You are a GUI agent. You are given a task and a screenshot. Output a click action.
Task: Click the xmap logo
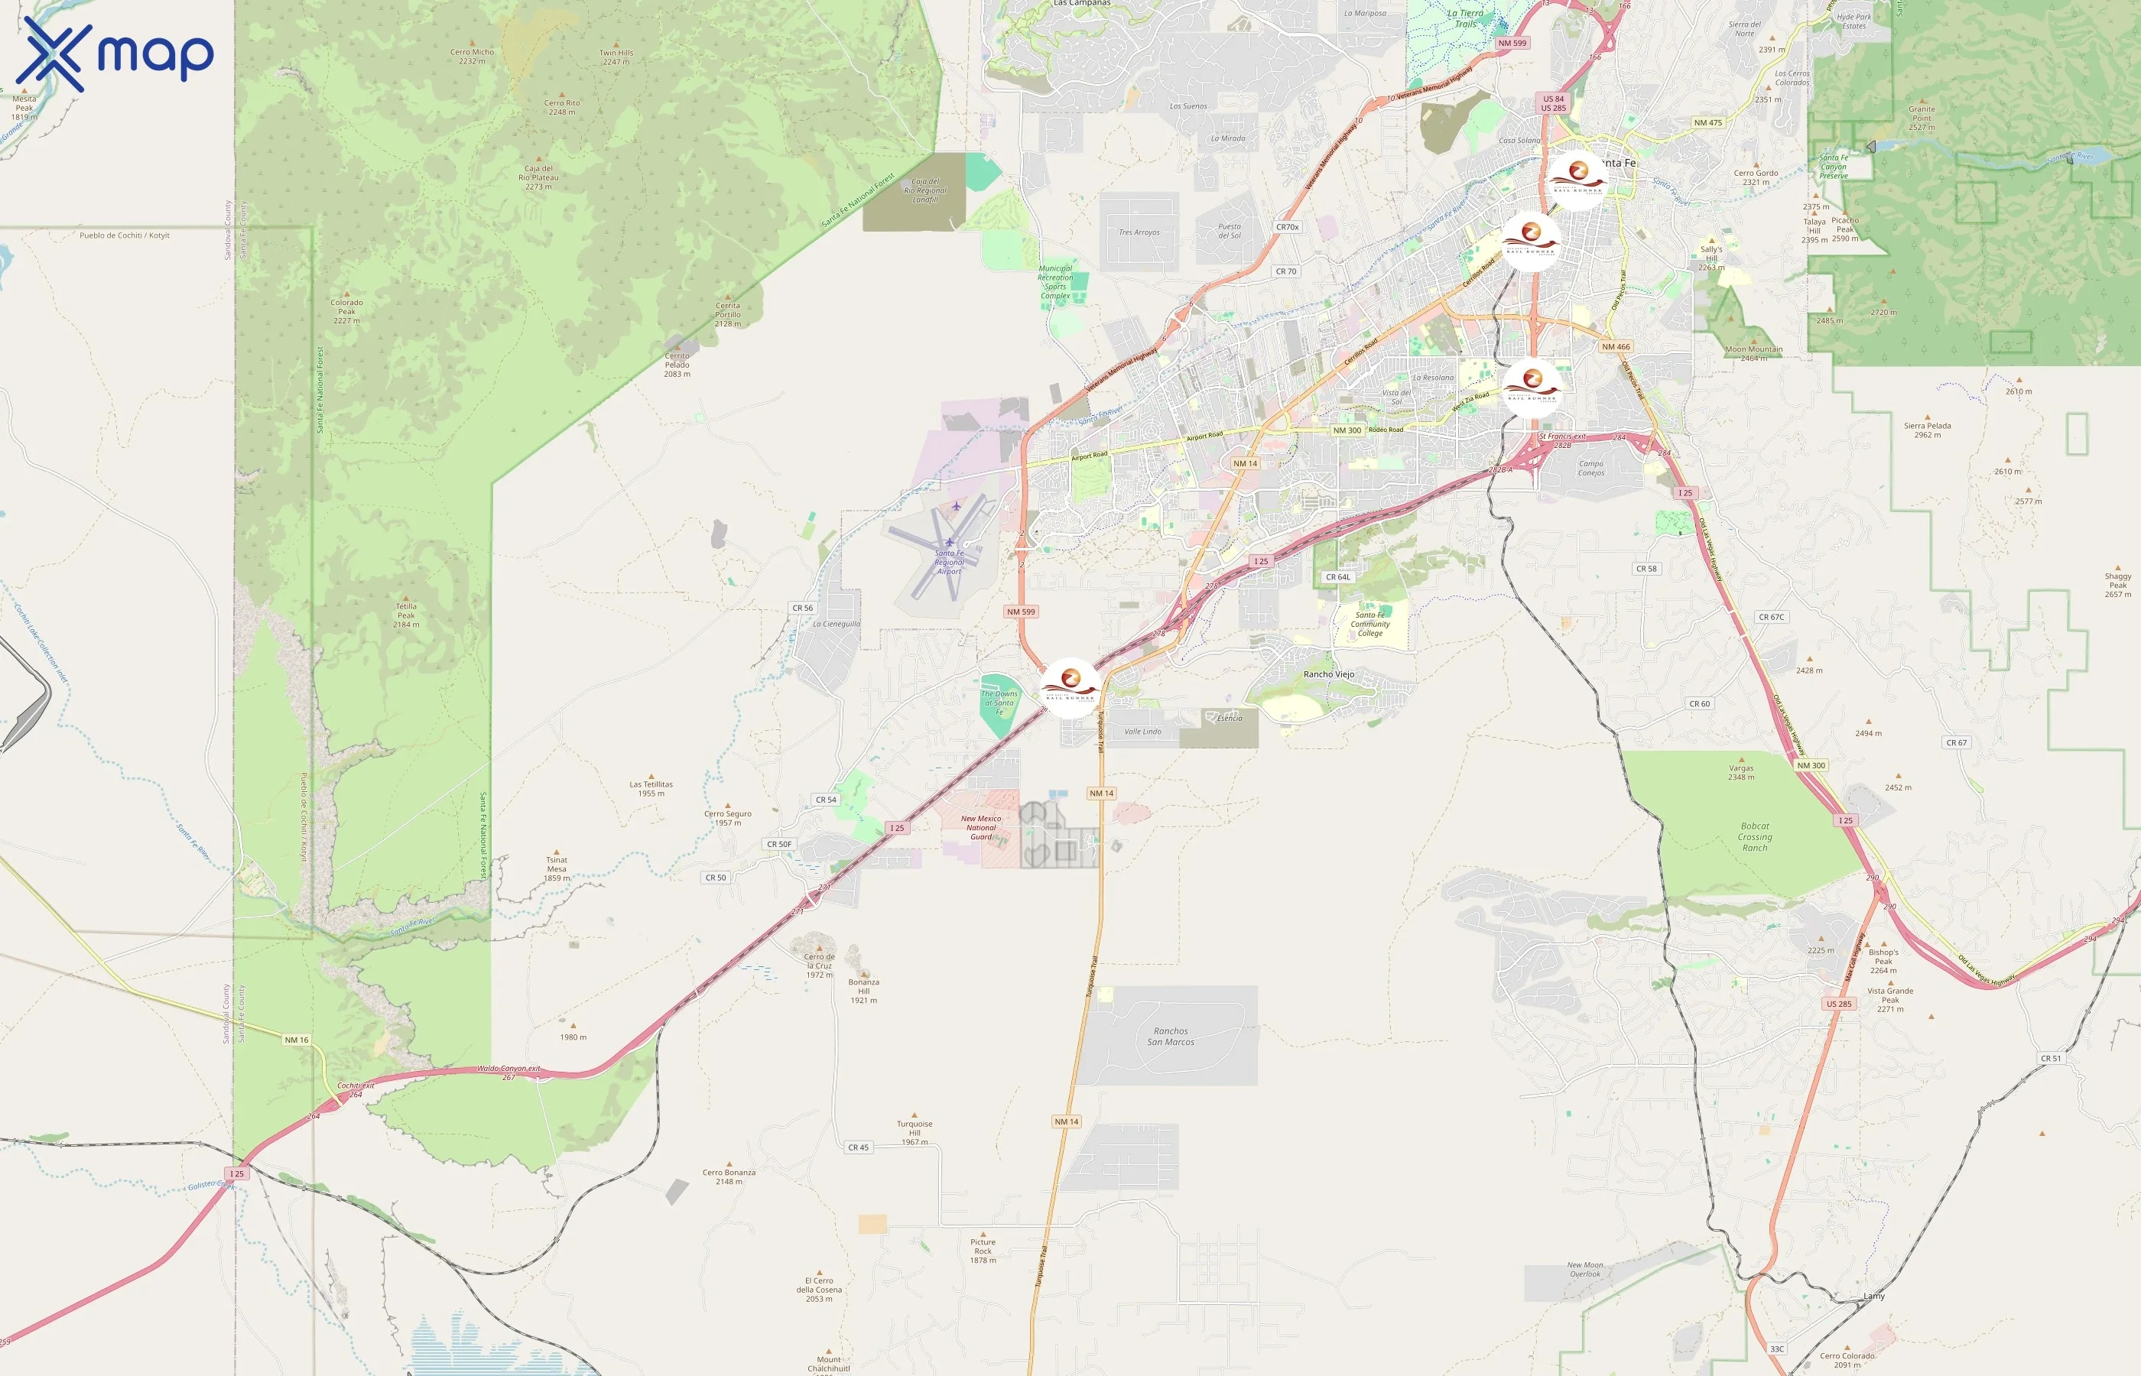pyautogui.click(x=115, y=54)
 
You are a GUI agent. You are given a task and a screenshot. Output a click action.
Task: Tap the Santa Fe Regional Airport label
pyautogui.click(x=949, y=562)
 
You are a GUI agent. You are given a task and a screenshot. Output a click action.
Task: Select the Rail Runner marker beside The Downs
pyautogui.click(x=1070, y=687)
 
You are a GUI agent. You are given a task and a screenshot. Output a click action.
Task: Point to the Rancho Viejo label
pyautogui.click(x=1328, y=674)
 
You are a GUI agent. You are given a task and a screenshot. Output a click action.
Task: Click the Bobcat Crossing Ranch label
pyautogui.click(x=1754, y=837)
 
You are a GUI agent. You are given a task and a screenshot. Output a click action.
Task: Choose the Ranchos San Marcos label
pyautogui.click(x=1171, y=1037)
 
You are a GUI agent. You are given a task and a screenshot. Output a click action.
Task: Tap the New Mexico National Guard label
pyautogui.click(x=981, y=827)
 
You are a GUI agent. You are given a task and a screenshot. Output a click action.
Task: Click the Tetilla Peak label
pyautogui.click(x=406, y=615)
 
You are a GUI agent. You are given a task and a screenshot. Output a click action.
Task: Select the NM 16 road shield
pyautogui.click(x=297, y=1040)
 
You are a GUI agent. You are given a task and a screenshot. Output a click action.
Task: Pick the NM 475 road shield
pyautogui.click(x=1707, y=123)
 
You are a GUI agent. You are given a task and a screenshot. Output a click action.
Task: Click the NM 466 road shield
pyautogui.click(x=1616, y=347)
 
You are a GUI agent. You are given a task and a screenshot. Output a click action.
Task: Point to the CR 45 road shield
pyautogui.click(x=858, y=1147)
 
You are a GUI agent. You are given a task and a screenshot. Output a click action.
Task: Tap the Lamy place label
pyautogui.click(x=1874, y=1296)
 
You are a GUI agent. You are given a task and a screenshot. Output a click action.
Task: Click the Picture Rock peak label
pyautogui.click(x=983, y=1251)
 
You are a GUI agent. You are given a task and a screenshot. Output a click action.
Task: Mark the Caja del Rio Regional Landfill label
pyautogui.click(x=925, y=190)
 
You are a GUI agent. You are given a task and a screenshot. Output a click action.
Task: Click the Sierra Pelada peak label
pyautogui.click(x=1928, y=430)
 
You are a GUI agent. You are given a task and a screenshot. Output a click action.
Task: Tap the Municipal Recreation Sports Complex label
pyautogui.click(x=1055, y=281)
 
